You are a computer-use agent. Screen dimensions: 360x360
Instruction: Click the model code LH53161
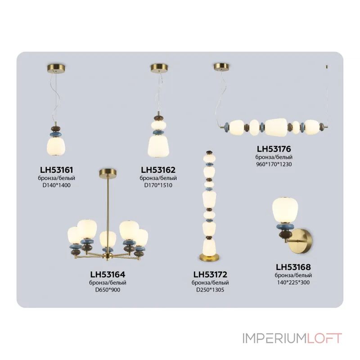tap(56, 170)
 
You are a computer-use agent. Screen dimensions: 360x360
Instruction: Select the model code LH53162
tap(158, 170)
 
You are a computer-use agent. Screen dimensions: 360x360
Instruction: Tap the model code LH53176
tap(274, 148)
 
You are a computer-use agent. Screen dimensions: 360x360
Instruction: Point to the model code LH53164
tap(108, 274)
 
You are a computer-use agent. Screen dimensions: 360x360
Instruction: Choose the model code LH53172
tap(210, 274)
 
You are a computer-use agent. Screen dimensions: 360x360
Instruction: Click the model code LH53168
tap(293, 267)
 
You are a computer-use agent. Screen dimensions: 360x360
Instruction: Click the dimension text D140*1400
tap(56, 185)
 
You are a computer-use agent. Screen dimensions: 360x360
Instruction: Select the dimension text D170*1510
tap(158, 185)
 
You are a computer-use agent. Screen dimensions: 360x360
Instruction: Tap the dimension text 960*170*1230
tap(274, 164)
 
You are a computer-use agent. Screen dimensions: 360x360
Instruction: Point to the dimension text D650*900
tap(108, 290)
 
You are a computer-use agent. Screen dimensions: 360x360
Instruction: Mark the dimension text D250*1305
tap(210, 290)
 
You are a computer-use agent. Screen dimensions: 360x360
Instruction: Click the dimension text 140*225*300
tap(293, 283)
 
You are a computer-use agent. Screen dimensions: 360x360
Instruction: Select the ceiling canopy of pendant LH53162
tap(159, 68)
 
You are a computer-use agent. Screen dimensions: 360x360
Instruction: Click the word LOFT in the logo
tap(324, 338)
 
